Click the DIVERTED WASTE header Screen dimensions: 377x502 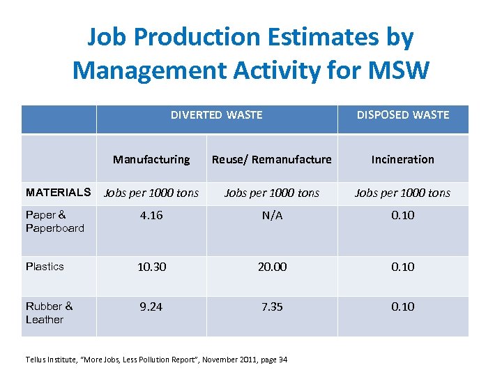(216, 115)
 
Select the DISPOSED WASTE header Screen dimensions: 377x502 (403, 115)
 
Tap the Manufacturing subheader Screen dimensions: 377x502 (151, 159)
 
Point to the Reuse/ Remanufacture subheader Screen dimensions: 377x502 (272, 159)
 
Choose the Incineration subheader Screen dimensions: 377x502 (402, 159)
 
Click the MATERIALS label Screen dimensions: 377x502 (58, 192)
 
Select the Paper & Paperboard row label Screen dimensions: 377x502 (54, 221)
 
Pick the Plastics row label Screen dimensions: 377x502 (45, 267)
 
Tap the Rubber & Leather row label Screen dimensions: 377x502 (49, 313)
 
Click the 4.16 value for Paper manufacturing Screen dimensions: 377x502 (151, 215)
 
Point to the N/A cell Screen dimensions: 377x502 (272, 215)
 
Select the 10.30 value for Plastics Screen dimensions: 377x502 (151, 267)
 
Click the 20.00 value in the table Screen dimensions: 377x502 (272, 267)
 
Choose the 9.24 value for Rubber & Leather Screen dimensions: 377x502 (151, 306)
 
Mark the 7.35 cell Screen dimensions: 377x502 (272, 306)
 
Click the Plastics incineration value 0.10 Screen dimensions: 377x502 (402, 267)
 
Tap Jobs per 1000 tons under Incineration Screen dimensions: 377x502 (402, 193)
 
